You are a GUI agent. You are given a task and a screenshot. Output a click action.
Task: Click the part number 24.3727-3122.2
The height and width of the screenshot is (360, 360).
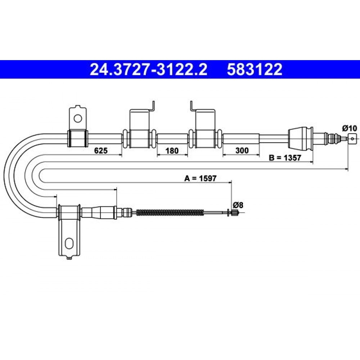(149, 69)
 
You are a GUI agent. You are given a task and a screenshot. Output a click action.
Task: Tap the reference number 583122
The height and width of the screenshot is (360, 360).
(255, 69)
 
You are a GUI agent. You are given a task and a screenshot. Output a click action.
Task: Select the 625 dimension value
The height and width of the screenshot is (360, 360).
(101, 150)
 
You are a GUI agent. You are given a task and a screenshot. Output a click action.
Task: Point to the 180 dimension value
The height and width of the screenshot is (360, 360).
(172, 150)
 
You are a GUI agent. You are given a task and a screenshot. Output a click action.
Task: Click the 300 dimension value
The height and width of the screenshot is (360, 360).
(242, 150)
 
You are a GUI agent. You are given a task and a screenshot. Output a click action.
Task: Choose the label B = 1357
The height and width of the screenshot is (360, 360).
(285, 158)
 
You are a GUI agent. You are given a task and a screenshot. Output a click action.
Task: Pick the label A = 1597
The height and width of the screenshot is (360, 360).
(200, 178)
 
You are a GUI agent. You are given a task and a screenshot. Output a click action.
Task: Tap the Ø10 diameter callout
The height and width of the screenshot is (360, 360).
(350, 128)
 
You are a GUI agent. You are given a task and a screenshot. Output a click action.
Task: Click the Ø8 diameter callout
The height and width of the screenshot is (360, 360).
(238, 205)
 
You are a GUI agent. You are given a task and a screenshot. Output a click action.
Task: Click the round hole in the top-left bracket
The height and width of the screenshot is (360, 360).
(78, 118)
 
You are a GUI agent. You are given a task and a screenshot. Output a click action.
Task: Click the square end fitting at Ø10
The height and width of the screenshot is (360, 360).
(352, 139)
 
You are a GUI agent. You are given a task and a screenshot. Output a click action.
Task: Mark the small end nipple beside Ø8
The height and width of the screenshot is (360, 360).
(234, 213)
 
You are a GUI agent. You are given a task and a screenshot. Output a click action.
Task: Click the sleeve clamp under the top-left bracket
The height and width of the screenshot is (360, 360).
(78, 139)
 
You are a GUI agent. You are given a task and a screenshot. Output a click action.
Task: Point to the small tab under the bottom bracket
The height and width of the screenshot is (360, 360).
(69, 258)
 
